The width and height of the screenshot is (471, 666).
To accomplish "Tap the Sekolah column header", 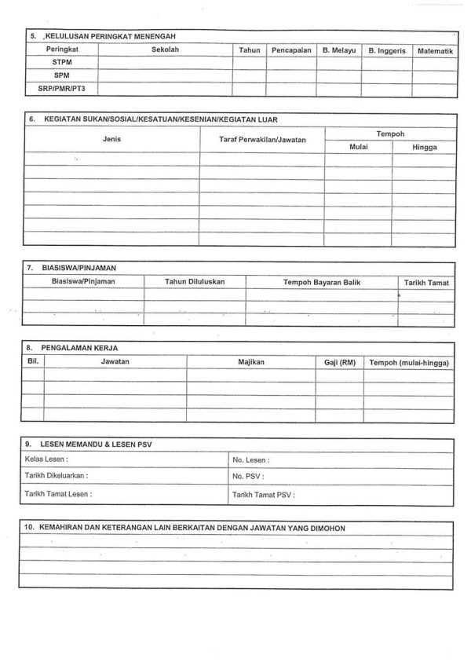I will tap(165, 49).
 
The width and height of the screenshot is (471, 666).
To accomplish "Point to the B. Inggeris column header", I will tap(387, 49).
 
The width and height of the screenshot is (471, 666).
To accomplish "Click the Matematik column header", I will tap(435, 49).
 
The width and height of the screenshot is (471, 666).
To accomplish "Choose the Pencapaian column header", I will tap(291, 49).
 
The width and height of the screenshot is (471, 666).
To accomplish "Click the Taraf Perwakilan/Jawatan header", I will tap(262, 139).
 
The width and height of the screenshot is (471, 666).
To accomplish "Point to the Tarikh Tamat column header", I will tap(428, 281).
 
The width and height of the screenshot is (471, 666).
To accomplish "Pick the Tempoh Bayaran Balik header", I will tap(322, 280).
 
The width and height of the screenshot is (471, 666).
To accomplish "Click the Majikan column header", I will tap(251, 361).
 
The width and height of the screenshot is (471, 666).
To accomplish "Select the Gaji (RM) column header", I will tap(340, 361).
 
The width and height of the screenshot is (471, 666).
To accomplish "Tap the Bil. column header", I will tap(32, 360).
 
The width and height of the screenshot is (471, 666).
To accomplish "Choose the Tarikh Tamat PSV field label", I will tap(263, 496).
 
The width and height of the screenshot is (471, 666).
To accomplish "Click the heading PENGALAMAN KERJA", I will tap(83, 346).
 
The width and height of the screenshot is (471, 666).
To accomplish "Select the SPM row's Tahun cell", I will tap(249, 75).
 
